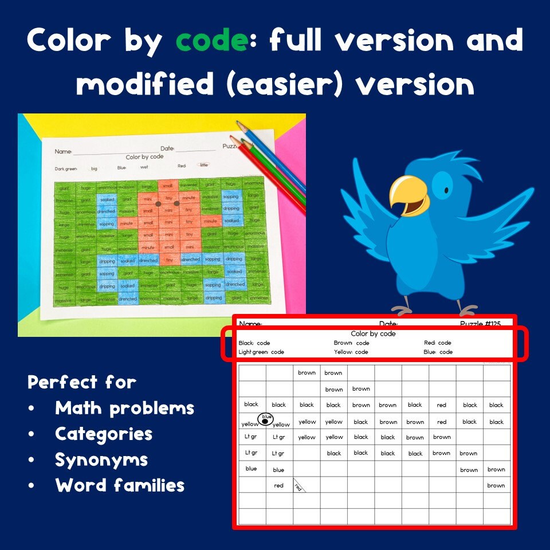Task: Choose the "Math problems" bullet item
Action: (124, 408)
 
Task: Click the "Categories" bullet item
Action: (104, 434)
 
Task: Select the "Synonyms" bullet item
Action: (101, 459)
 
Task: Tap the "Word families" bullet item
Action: (120, 485)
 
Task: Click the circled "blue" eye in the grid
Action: (266, 420)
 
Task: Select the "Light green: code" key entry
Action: (261, 352)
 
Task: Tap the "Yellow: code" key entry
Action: (351, 352)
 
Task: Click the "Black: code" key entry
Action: (254, 343)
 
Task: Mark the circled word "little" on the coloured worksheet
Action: (203, 164)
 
